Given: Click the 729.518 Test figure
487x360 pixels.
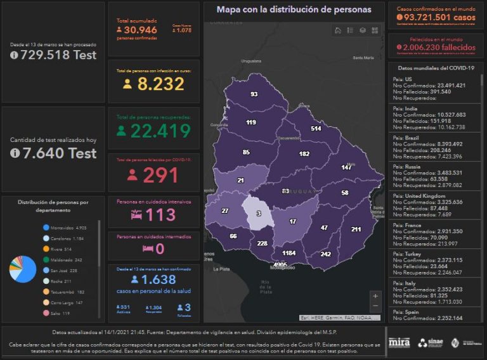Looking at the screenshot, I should pyautogui.click(x=55, y=55).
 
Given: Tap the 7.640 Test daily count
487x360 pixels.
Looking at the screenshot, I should pyautogui.click(x=55, y=153).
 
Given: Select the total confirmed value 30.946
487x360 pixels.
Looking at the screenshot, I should pyautogui.click(x=140, y=30).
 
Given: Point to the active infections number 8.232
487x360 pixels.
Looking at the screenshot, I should pyautogui.click(x=153, y=84).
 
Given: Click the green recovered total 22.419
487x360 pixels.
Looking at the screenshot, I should pyautogui.click(x=153, y=131).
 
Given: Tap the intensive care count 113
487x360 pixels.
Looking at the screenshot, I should pyautogui.click(x=153, y=215).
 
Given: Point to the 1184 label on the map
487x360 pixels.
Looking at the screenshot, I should pyautogui.click(x=289, y=253).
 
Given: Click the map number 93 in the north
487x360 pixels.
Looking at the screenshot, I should pyautogui.click(x=254, y=94).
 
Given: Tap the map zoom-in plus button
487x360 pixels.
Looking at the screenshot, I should pyautogui.click(x=375, y=295).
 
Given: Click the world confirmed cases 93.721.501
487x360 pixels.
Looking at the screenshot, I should pyautogui.click(x=435, y=18).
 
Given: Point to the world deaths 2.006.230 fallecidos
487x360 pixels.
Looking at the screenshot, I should pyautogui.click(x=435, y=48).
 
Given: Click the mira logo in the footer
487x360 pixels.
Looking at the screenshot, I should pyautogui.click(x=399, y=342).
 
